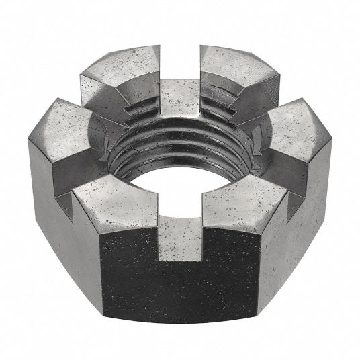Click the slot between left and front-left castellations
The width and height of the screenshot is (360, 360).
click(75, 176)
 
